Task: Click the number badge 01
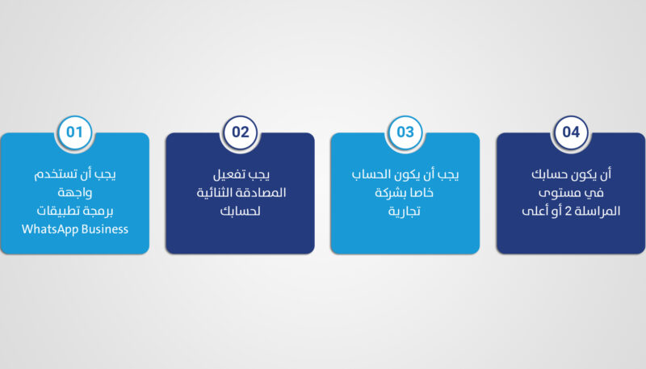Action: coord(74,132)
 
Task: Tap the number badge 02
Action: coord(240,132)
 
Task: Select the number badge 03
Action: coord(405,132)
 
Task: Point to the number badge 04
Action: coord(571,132)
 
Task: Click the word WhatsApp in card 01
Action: coord(49,229)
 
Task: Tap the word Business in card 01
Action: coord(105,229)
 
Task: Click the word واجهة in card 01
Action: coord(75,192)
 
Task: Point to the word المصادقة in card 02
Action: coord(264,192)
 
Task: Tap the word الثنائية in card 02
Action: coord(218,192)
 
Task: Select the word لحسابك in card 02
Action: coord(240,211)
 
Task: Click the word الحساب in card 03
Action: coord(371,174)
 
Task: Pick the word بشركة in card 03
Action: coord(391,193)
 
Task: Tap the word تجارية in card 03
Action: coord(405,212)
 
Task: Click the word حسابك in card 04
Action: coord(550,174)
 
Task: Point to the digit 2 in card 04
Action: coord(568,212)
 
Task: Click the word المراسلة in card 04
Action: coord(598,211)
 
